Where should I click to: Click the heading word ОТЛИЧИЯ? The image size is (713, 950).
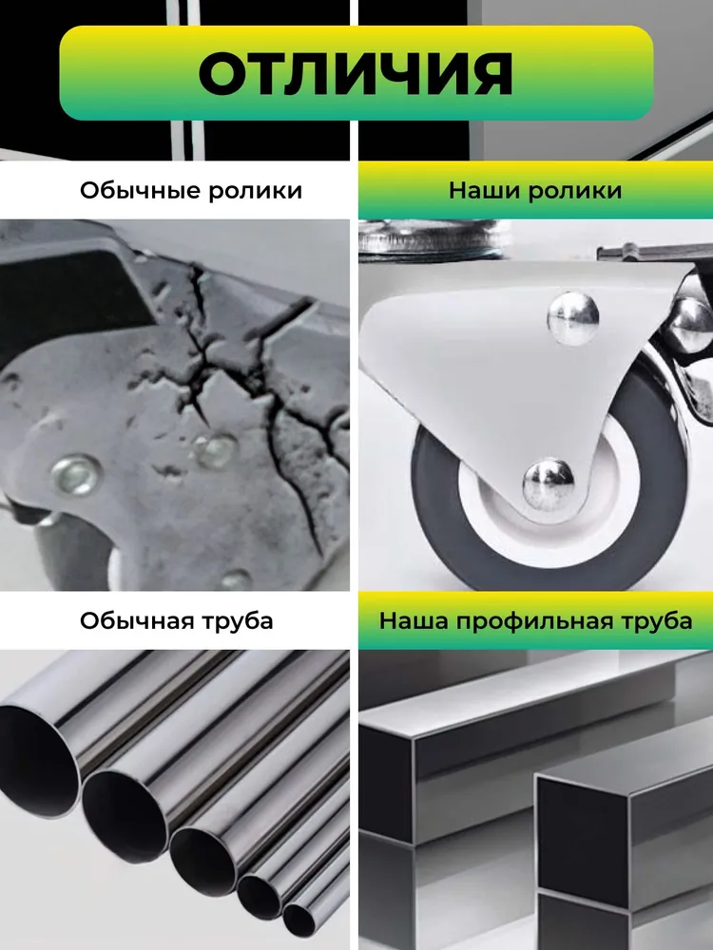(356, 73)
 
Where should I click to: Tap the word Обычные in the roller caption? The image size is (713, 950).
(141, 191)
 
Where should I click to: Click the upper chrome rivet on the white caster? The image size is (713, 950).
(573, 318)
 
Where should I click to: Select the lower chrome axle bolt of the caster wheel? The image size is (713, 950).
(549, 484)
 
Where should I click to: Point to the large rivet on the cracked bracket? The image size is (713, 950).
(76, 474)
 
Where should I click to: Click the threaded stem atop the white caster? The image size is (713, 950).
(432, 239)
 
